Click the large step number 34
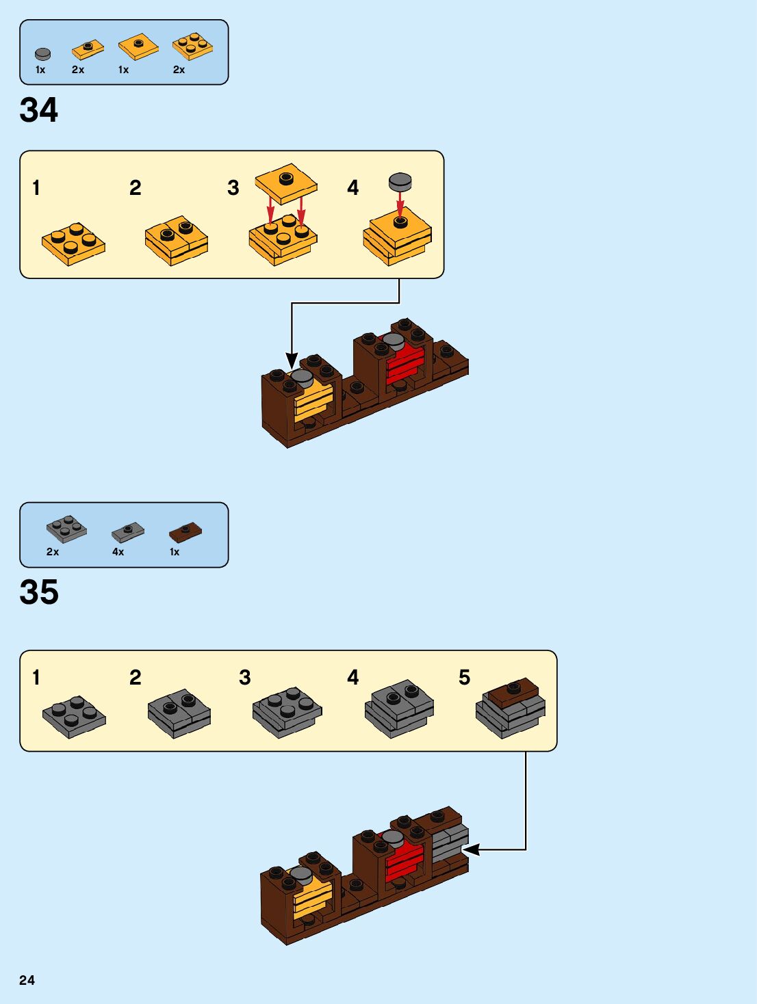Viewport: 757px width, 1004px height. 39,110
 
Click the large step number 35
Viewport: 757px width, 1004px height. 39,592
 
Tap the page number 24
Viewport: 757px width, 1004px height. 27,980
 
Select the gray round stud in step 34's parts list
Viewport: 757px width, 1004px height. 42,54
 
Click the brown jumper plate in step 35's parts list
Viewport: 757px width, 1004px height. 185,531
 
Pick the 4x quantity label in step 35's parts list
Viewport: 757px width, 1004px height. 118,552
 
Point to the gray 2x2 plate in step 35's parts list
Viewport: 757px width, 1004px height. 66,529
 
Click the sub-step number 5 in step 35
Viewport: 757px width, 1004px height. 464,677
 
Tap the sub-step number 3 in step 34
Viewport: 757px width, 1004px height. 233,188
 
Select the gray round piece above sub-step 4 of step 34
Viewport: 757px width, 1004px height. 400,182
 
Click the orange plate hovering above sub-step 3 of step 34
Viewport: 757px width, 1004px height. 286,183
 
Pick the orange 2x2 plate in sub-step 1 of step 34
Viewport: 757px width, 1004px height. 73,243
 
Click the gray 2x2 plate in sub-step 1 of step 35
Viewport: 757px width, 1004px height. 74,716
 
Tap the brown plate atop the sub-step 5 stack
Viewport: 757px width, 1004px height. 513,692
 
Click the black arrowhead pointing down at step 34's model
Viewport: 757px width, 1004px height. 292,360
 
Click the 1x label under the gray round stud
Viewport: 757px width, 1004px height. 40,70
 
